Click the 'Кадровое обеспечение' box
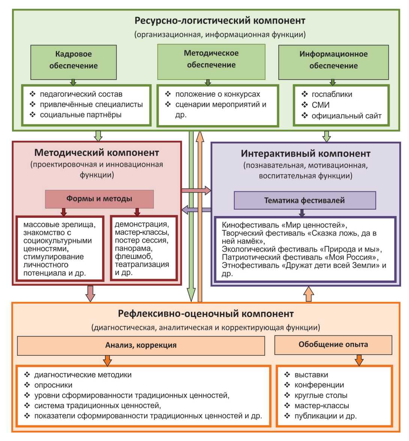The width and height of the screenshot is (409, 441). (73, 62)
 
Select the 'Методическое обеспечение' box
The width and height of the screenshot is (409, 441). (211, 61)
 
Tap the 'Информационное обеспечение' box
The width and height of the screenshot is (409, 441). (333, 62)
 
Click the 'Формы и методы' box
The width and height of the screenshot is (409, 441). (99, 199)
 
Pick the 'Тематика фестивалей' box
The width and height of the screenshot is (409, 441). (304, 200)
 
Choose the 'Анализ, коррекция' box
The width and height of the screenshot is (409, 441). (141, 345)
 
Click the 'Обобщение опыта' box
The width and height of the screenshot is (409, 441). (333, 344)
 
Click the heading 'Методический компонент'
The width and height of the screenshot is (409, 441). (97, 153)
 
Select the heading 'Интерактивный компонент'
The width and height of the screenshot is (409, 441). (306, 154)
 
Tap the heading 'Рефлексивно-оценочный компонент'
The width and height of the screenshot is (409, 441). (206, 313)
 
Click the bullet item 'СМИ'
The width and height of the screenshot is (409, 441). (321, 105)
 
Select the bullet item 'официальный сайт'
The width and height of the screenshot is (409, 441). (346, 116)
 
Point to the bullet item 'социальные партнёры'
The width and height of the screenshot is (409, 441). (81, 115)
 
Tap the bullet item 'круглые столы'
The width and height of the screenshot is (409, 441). (321, 395)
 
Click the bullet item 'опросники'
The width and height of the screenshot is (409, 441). (53, 385)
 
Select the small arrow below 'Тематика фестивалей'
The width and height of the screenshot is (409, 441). (302, 213)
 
